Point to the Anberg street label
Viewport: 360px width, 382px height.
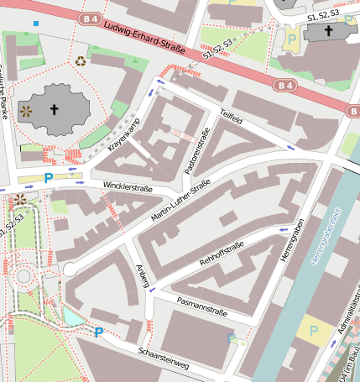tap(143, 276)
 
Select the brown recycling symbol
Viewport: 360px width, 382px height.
tap(81, 60)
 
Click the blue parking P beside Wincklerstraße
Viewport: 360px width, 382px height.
tap(48, 177)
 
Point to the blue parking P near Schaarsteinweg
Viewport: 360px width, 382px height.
tap(99, 332)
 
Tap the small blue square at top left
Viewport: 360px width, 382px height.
tap(35, 23)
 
